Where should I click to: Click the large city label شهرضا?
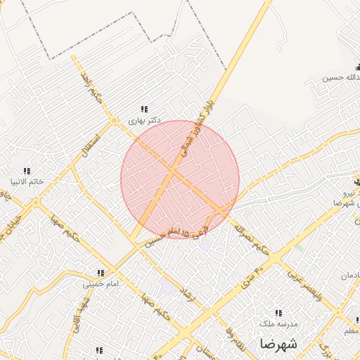[278, 344]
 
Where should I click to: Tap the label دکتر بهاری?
[144, 120]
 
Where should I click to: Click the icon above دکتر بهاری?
[144, 110]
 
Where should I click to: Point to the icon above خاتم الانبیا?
[27, 171]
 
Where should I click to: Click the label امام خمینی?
[100, 284]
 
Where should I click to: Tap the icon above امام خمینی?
[100, 273]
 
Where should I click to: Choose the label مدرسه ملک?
[278, 323]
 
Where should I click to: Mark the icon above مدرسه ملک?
[278, 313]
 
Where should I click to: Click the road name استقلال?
[91, 143]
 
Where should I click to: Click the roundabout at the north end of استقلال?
[114, 121]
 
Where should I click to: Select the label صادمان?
[349, 276]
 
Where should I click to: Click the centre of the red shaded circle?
[180, 179]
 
